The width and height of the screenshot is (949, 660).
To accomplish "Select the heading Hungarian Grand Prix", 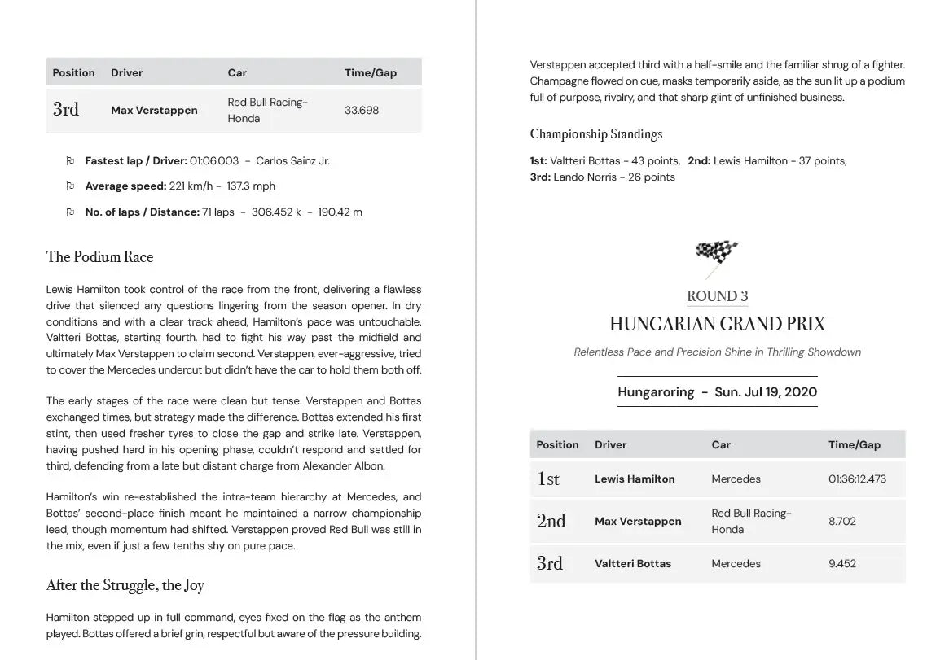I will [717, 324].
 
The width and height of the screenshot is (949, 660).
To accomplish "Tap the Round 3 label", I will [717, 296].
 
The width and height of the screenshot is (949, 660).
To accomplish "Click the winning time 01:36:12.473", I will [857, 479].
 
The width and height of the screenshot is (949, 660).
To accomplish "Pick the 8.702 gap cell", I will [842, 521].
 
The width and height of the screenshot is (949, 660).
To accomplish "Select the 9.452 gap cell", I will [842, 563].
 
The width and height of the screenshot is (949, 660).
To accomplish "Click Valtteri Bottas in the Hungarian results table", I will [633, 563].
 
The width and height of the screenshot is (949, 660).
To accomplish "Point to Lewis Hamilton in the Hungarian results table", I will [635, 479].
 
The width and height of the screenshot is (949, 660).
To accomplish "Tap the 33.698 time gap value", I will [362, 110].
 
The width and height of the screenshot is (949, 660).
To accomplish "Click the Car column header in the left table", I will [237, 72].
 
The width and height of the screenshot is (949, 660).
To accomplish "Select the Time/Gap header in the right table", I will [855, 444].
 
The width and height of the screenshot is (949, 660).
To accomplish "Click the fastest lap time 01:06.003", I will [209, 160].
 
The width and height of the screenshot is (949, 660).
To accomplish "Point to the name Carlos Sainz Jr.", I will [292, 160].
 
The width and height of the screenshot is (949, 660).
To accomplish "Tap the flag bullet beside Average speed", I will [70, 186].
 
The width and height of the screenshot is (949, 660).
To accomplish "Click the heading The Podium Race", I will [99, 257].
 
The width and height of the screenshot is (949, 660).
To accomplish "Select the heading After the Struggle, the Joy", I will [125, 585].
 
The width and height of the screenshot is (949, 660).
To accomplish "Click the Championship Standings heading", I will [596, 134].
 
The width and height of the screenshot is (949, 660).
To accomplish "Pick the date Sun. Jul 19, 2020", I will [766, 391].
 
